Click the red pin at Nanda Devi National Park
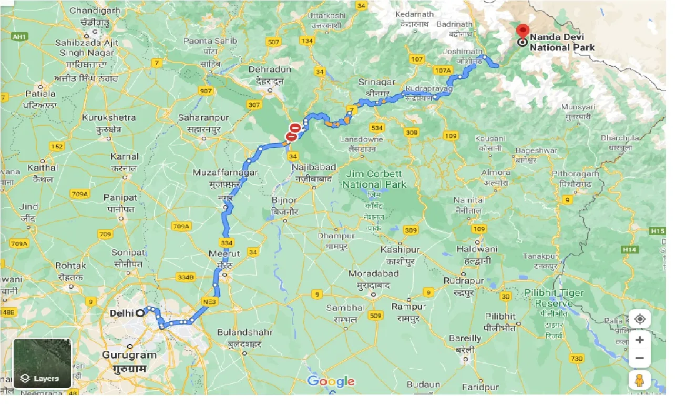(522, 30)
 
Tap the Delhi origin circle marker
(140, 313)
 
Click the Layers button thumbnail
(42, 363)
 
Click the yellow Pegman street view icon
(639, 380)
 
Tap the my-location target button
(639, 319)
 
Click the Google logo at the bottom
(331, 381)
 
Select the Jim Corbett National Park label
(374, 179)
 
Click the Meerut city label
(224, 254)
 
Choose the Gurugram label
(129, 355)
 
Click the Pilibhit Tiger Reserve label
(554, 298)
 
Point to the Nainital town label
(469, 200)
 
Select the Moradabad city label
(373, 274)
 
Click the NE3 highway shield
(209, 302)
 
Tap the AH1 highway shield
(19, 36)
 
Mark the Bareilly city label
(465, 339)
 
